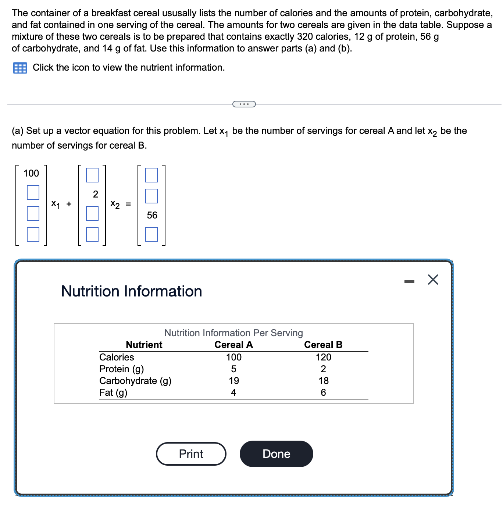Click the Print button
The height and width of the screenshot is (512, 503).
(191, 454)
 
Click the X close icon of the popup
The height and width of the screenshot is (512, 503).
(433, 280)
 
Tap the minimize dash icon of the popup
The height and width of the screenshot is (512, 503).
(409, 282)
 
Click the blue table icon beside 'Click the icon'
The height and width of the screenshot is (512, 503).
(20, 68)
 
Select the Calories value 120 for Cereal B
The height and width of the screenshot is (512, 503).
(323, 357)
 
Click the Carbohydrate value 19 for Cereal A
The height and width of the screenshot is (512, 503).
(233, 381)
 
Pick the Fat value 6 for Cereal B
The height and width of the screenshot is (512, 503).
(323, 392)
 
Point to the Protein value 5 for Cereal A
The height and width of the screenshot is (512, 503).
(233, 369)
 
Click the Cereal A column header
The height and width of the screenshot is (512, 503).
(233, 345)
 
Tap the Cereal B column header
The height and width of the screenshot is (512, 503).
(323, 345)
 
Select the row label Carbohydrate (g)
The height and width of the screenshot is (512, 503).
(135, 381)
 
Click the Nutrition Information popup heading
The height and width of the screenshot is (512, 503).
(132, 291)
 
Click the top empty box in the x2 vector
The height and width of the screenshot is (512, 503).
(92, 175)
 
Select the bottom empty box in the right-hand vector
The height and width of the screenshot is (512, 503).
(151, 234)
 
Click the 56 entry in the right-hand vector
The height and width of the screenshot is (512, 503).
(152, 215)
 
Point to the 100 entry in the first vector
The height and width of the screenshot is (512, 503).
(31, 173)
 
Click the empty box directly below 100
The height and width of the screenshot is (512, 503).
(33, 192)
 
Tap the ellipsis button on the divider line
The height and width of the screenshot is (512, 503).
(244, 104)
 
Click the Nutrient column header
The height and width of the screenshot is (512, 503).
(144, 345)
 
